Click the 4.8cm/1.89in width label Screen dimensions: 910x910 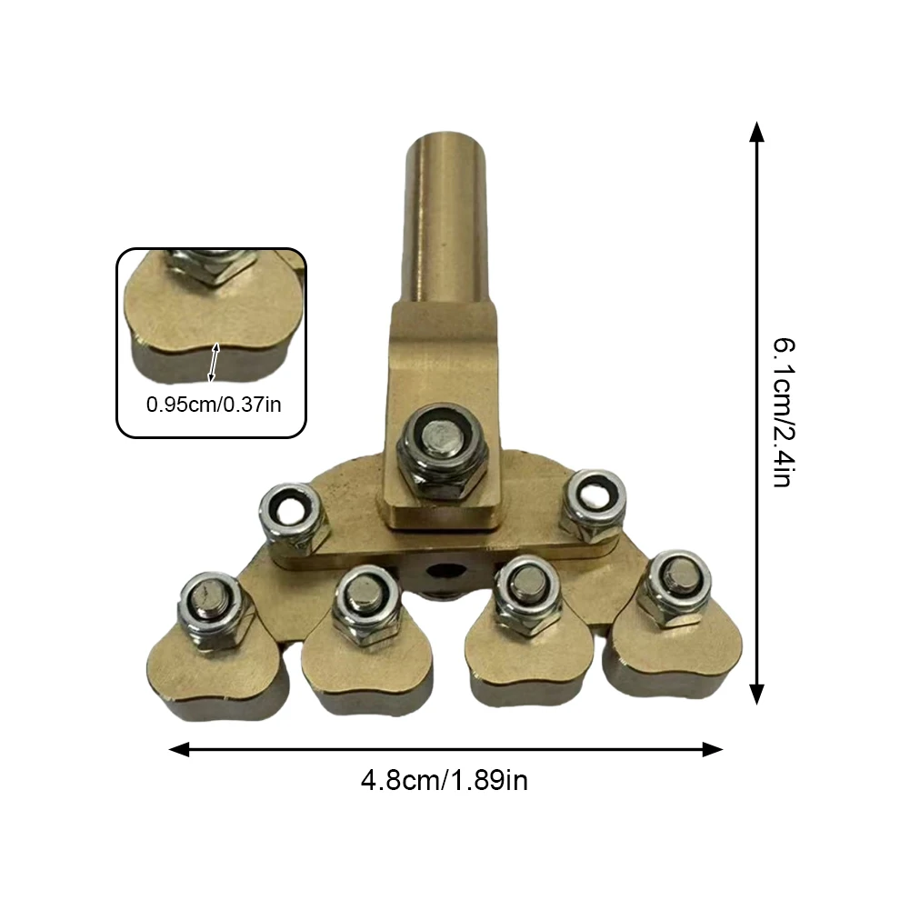coord(444,780)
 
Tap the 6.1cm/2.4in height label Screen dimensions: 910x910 coord(784,412)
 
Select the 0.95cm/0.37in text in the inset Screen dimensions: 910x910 coord(214,404)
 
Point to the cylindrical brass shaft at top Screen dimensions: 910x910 coord(445,217)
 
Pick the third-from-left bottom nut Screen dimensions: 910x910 coord(527,594)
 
